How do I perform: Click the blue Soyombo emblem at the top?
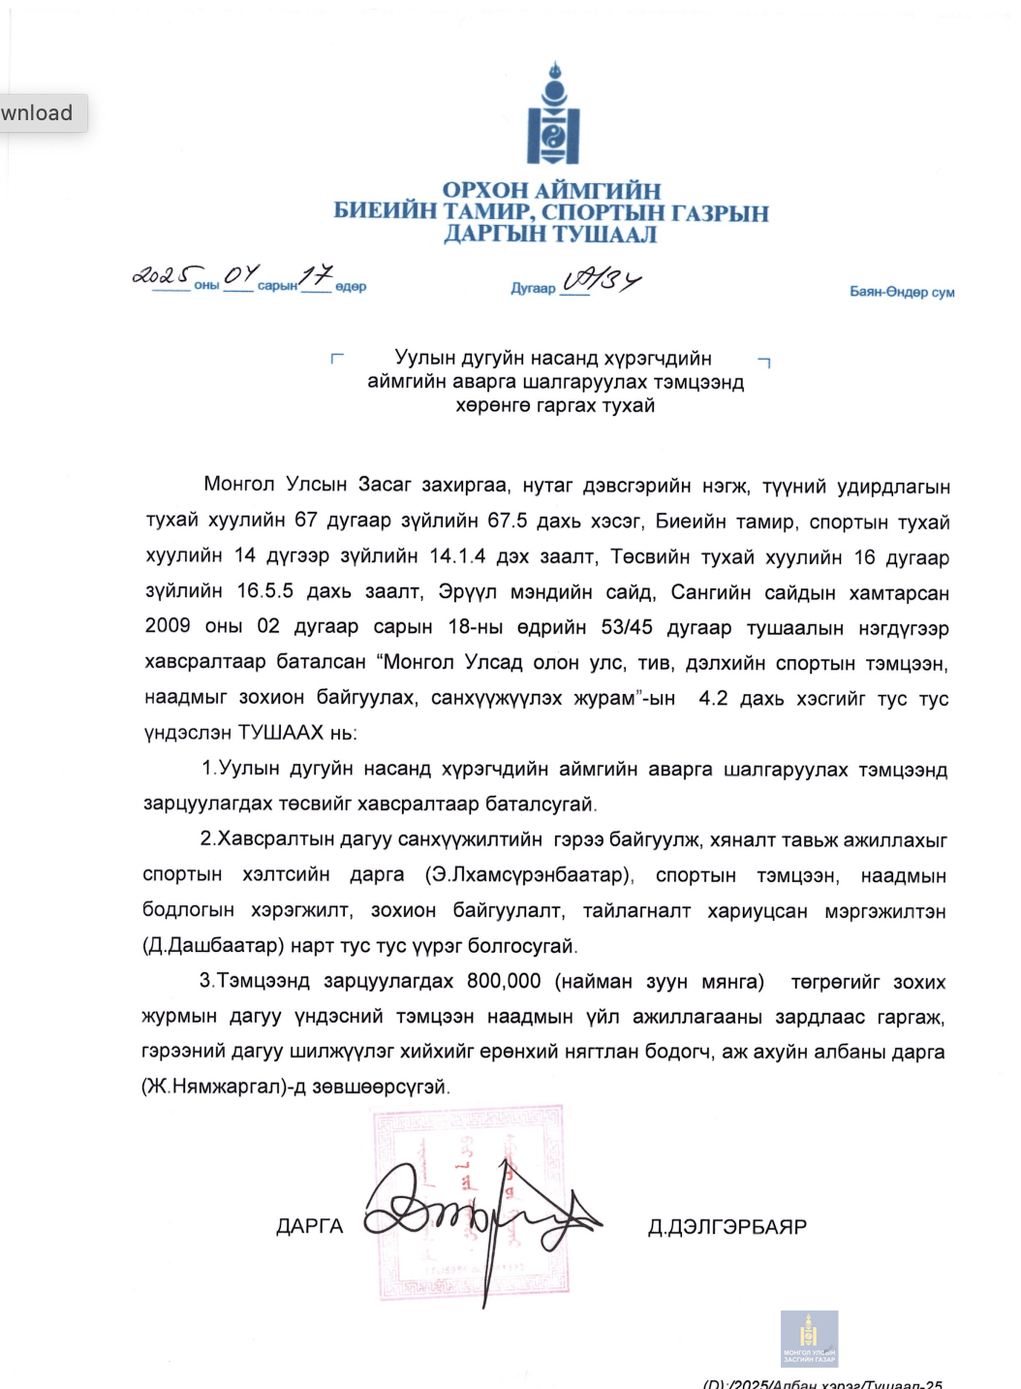pyautogui.click(x=553, y=115)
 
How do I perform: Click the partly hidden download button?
pyautogui.click(x=40, y=113)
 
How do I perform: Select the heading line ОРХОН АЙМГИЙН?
pyautogui.click(x=551, y=190)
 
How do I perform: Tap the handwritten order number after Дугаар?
pyautogui.click(x=602, y=281)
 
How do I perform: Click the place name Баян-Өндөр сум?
pyautogui.click(x=902, y=292)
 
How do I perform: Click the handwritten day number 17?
pyautogui.click(x=316, y=276)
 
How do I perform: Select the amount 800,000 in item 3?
pyautogui.click(x=504, y=981)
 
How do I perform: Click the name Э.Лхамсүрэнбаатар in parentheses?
pyautogui.click(x=529, y=875)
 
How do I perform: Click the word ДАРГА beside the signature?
pyautogui.click(x=310, y=1227)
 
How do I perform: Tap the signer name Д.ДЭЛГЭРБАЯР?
pyautogui.click(x=727, y=1227)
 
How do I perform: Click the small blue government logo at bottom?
pyautogui.click(x=809, y=1339)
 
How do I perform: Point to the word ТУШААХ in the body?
pyautogui.click(x=281, y=733)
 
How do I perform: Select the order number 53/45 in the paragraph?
pyautogui.click(x=627, y=627)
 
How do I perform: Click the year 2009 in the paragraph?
pyautogui.click(x=168, y=626)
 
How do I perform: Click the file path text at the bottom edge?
pyautogui.click(x=822, y=1383)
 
